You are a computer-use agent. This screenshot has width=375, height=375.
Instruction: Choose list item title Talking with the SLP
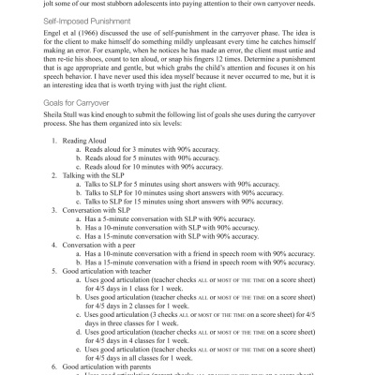tap(98, 216)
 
